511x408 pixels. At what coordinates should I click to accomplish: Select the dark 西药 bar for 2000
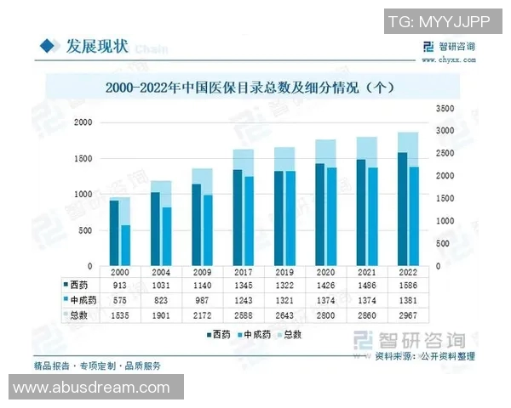click(114, 234)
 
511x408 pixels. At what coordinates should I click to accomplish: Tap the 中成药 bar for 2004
click(167, 236)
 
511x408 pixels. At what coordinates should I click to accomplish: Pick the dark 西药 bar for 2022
click(402, 209)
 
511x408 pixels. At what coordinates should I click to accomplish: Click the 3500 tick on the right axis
click(445, 109)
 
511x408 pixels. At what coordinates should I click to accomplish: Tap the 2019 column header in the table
click(284, 272)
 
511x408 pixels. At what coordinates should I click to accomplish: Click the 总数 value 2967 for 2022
click(408, 315)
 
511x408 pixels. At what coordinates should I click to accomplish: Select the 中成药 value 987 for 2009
click(202, 301)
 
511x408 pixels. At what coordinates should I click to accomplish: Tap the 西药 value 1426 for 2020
click(325, 286)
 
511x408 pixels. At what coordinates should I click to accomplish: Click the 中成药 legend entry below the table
click(255, 335)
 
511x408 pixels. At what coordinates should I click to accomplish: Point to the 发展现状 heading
click(95, 46)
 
